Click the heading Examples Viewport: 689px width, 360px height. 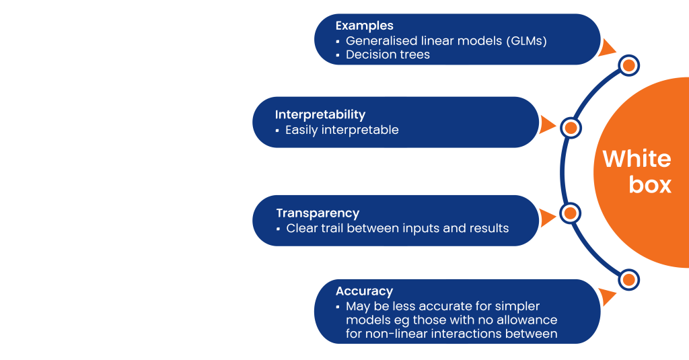pos(364,26)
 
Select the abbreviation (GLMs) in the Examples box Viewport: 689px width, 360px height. pos(526,41)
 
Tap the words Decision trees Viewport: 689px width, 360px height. pos(388,55)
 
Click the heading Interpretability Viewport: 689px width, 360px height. pos(320,114)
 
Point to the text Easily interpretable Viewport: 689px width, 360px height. pos(342,130)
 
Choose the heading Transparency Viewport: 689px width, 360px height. pos(318,213)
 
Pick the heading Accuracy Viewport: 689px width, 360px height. pos(364,291)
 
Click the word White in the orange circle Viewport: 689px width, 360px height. pos(637,159)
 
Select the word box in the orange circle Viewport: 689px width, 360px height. pos(650,184)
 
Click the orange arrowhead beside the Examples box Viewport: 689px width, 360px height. pos(607,48)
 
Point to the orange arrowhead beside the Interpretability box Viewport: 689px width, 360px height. pos(548,125)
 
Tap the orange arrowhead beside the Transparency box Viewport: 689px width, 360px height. pos(548,218)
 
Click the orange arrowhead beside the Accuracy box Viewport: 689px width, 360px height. pos(607,297)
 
